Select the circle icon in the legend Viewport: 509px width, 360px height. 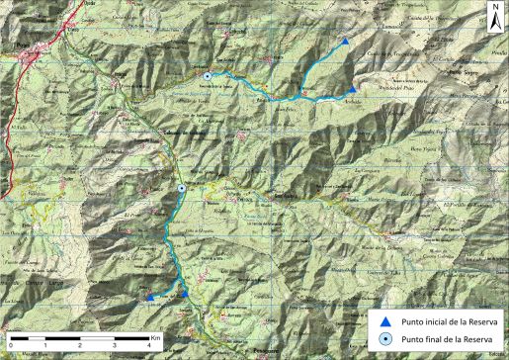click(387, 338)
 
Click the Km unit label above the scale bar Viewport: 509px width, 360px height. click(156, 337)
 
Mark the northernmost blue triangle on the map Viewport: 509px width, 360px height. click(344, 43)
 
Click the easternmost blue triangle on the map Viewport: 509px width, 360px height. click(353, 89)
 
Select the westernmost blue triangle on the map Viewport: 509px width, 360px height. click(149, 296)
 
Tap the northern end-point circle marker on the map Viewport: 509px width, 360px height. click(208, 76)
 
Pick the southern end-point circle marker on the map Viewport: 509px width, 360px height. click(182, 188)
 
